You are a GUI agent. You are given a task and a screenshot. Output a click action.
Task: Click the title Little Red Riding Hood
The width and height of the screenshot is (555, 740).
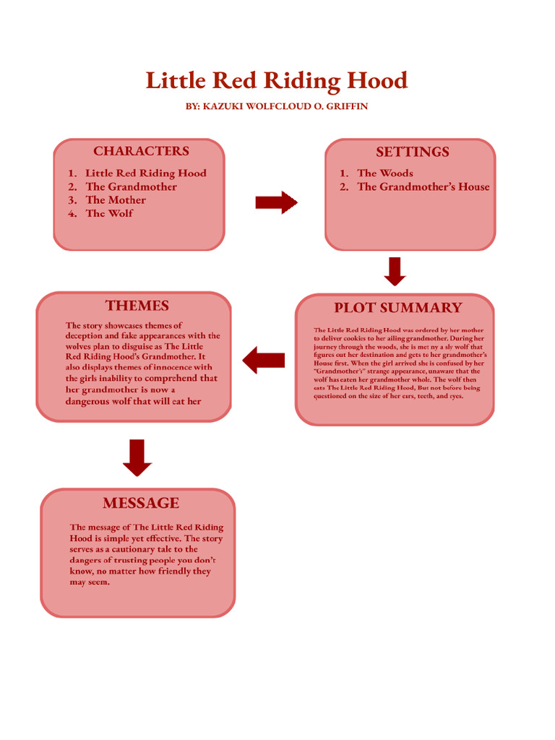[277, 80]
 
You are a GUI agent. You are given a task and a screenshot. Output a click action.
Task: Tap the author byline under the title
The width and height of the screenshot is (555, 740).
[277, 106]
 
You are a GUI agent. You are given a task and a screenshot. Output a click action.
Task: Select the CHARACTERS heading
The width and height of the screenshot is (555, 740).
[141, 151]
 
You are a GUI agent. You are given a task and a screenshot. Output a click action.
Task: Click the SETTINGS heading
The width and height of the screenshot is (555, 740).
[412, 152]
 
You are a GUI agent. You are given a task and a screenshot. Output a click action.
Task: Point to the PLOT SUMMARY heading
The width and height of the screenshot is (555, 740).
[397, 308]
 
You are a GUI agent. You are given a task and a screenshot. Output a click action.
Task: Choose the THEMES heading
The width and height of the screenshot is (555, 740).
[137, 306]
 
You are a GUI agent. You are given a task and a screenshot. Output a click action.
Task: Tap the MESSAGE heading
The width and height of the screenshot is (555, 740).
[140, 503]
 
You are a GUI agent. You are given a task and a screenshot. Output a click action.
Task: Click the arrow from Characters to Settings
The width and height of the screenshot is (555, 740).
[276, 203]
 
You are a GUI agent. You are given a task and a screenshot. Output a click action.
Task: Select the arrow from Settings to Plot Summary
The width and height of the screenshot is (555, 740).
[395, 271]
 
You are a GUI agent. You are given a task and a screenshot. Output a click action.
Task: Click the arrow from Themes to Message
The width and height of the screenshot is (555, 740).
[137, 457]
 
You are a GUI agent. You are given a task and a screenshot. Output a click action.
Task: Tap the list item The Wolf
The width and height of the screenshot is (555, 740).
[109, 213]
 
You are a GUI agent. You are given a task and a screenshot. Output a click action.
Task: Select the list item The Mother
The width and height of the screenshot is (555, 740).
[116, 200]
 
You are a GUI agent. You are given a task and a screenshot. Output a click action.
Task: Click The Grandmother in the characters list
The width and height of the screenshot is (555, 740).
[131, 186]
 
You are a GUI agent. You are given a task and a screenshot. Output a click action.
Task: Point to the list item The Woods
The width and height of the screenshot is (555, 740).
[385, 173]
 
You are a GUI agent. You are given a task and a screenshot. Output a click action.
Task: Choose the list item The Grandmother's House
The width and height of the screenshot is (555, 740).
[423, 186]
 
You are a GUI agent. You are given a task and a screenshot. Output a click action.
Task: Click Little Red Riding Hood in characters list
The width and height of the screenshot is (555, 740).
[145, 173]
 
